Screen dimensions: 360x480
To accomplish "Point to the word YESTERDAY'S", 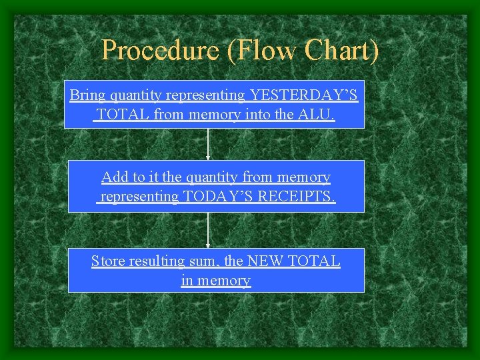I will (x=304, y=95).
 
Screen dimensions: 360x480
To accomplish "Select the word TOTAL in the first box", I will (x=123, y=115).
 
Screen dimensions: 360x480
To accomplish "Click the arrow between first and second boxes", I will (x=209, y=144).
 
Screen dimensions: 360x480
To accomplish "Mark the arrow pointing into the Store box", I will (x=209, y=230).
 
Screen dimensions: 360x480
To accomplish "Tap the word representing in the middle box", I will (x=139, y=197).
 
